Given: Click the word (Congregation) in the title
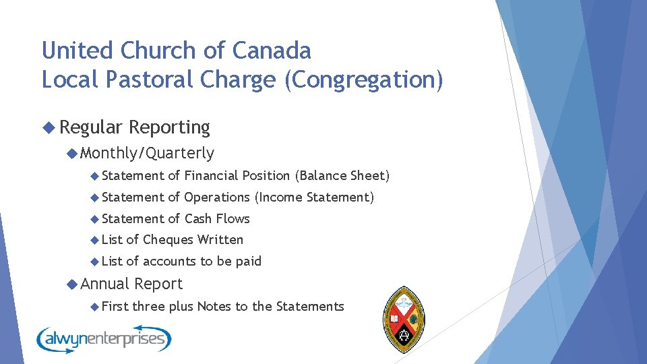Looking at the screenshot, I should click(364, 80).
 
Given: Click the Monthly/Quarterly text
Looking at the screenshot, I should click(147, 153).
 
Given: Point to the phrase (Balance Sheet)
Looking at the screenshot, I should click(342, 175).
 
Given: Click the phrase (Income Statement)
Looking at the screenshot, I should click(313, 197).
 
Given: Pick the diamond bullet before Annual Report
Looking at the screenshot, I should click(72, 284).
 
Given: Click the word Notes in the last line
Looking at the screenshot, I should click(214, 306).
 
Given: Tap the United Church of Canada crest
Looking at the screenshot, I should click(404, 320).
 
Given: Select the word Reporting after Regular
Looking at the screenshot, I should click(169, 127).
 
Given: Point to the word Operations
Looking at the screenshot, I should click(216, 197).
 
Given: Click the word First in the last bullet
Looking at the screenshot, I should click(115, 306).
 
